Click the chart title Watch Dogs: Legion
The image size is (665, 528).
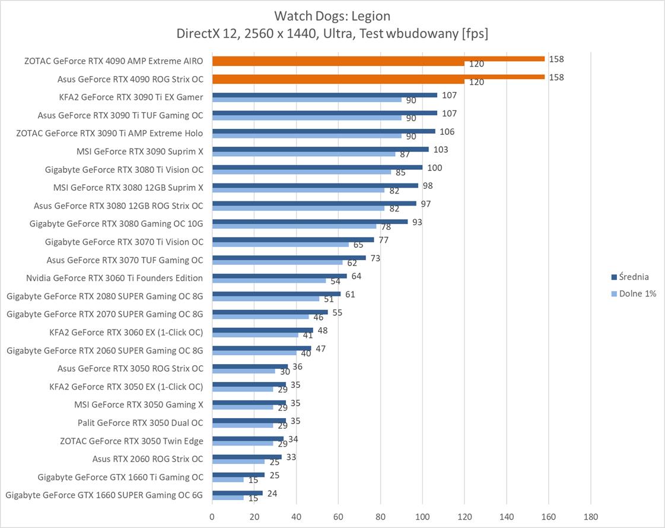click(332, 15)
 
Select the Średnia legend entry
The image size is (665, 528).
click(634, 277)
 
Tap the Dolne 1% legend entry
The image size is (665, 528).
click(637, 293)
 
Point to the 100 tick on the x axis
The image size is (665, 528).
click(422, 516)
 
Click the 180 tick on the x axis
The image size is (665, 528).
click(590, 516)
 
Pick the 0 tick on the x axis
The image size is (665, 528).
click(212, 516)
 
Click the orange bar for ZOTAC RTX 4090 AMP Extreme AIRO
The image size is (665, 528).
click(378, 59)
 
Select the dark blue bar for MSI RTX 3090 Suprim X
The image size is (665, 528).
click(320, 149)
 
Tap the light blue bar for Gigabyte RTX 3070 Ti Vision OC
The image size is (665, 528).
click(281, 244)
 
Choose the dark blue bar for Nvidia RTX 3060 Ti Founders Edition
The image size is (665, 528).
click(279, 276)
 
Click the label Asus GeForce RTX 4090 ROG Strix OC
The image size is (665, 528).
click(130, 79)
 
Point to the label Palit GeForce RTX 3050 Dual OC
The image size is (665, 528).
click(140, 423)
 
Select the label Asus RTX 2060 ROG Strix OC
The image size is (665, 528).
click(148, 459)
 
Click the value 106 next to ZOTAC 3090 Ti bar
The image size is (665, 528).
click(447, 131)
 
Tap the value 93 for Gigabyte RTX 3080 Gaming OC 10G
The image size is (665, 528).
click(418, 222)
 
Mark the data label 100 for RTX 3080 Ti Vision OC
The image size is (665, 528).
click(434, 167)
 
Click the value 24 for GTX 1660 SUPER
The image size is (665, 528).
click(272, 494)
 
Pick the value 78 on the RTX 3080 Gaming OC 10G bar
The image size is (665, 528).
click(386, 227)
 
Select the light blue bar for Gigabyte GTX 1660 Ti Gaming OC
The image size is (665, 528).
click(228, 479)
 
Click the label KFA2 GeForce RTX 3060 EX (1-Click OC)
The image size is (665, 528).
click(126, 332)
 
